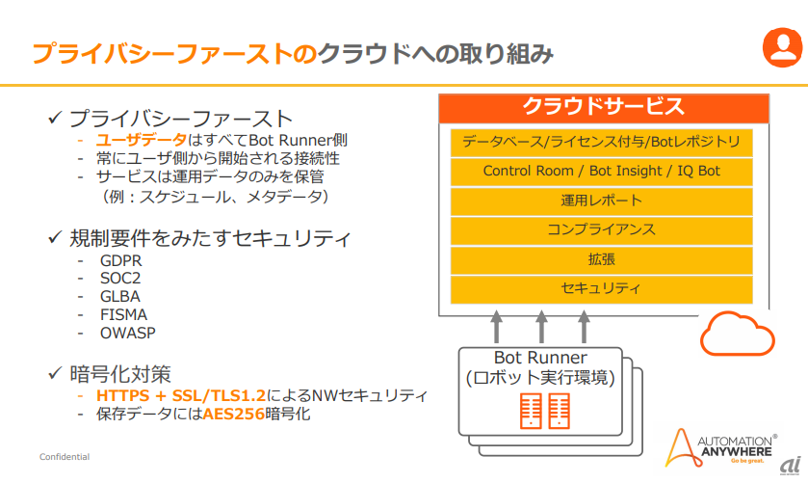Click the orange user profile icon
click(x=782, y=47)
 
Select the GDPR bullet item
click(x=121, y=260)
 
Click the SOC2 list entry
click(x=120, y=279)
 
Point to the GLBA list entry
click(x=120, y=297)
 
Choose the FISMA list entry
click(x=123, y=315)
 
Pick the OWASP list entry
click(x=128, y=333)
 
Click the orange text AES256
click(x=233, y=414)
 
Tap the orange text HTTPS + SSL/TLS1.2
click(x=181, y=396)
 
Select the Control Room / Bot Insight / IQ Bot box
click(x=601, y=172)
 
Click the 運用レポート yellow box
click(x=601, y=201)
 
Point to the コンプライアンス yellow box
click(x=601, y=230)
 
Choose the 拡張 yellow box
click(x=601, y=260)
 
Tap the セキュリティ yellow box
click(x=601, y=289)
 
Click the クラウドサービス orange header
click(x=604, y=108)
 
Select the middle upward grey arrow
click(x=541, y=327)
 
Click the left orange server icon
click(x=531, y=412)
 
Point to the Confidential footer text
click(x=65, y=457)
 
